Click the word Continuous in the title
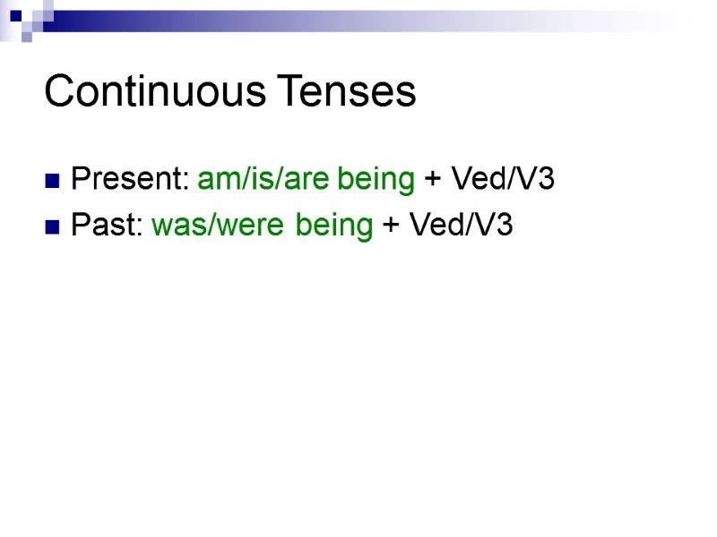tap(156, 91)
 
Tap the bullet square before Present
tap(53, 182)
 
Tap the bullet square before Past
tap(53, 227)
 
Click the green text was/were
tap(220, 226)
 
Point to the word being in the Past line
tap(333, 227)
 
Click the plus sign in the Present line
tap(433, 181)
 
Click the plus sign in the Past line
tap(391, 226)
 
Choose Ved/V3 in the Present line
tap(502, 180)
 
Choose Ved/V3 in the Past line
tap(460, 226)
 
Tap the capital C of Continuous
tap(58, 91)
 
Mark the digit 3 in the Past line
tap(505, 226)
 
